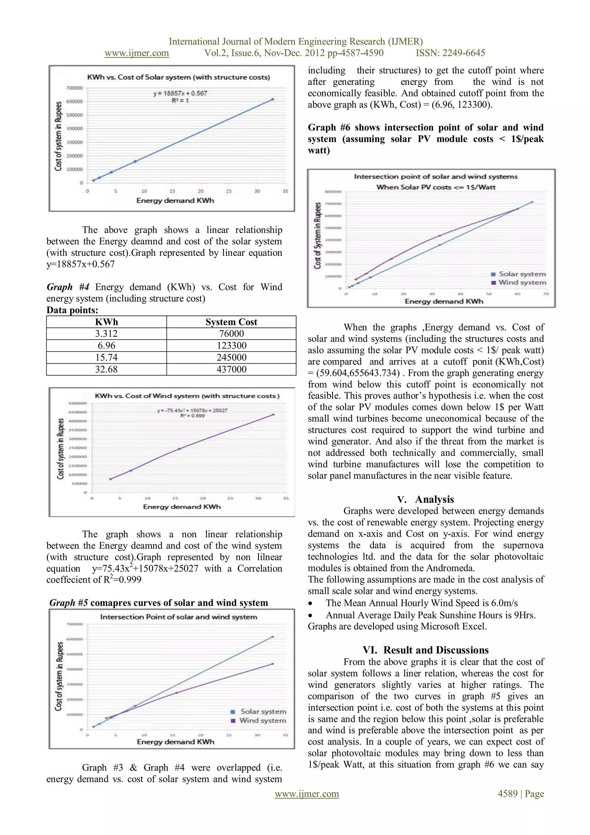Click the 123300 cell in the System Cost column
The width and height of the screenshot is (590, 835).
pyautogui.click(x=231, y=346)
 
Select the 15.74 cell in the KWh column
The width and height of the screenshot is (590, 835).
pyautogui.click(x=106, y=357)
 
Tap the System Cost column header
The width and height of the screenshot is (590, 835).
pyautogui.click(x=231, y=322)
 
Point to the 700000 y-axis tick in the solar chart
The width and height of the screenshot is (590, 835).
pyautogui.click(x=75, y=88)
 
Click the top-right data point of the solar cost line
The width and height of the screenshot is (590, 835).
pyautogui.click(x=273, y=99)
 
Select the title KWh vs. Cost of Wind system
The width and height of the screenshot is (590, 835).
pyautogui.click(x=187, y=396)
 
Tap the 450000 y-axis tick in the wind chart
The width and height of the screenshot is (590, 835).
pyautogui.click(x=78, y=412)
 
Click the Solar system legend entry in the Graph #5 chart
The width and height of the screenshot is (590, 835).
pyautogui.click(x=263, y=711)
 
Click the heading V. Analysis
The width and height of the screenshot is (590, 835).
pyautogui.click(x=426, y=499)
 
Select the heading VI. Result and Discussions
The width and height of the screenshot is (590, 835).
pyautogui.click(x=426, y=650)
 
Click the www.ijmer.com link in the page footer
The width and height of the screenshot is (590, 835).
pyautogui.click(x=307, y=794)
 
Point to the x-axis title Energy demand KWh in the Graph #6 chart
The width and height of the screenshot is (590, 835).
pyautogui.click(x=444, y=301)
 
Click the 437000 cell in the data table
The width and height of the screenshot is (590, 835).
pyautogui.click(x=231, y=369)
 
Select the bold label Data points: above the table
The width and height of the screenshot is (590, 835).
pyautogui.click(x=72, y=310)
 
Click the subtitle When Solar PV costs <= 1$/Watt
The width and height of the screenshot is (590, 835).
pyautogui.click(x=436, y=187)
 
